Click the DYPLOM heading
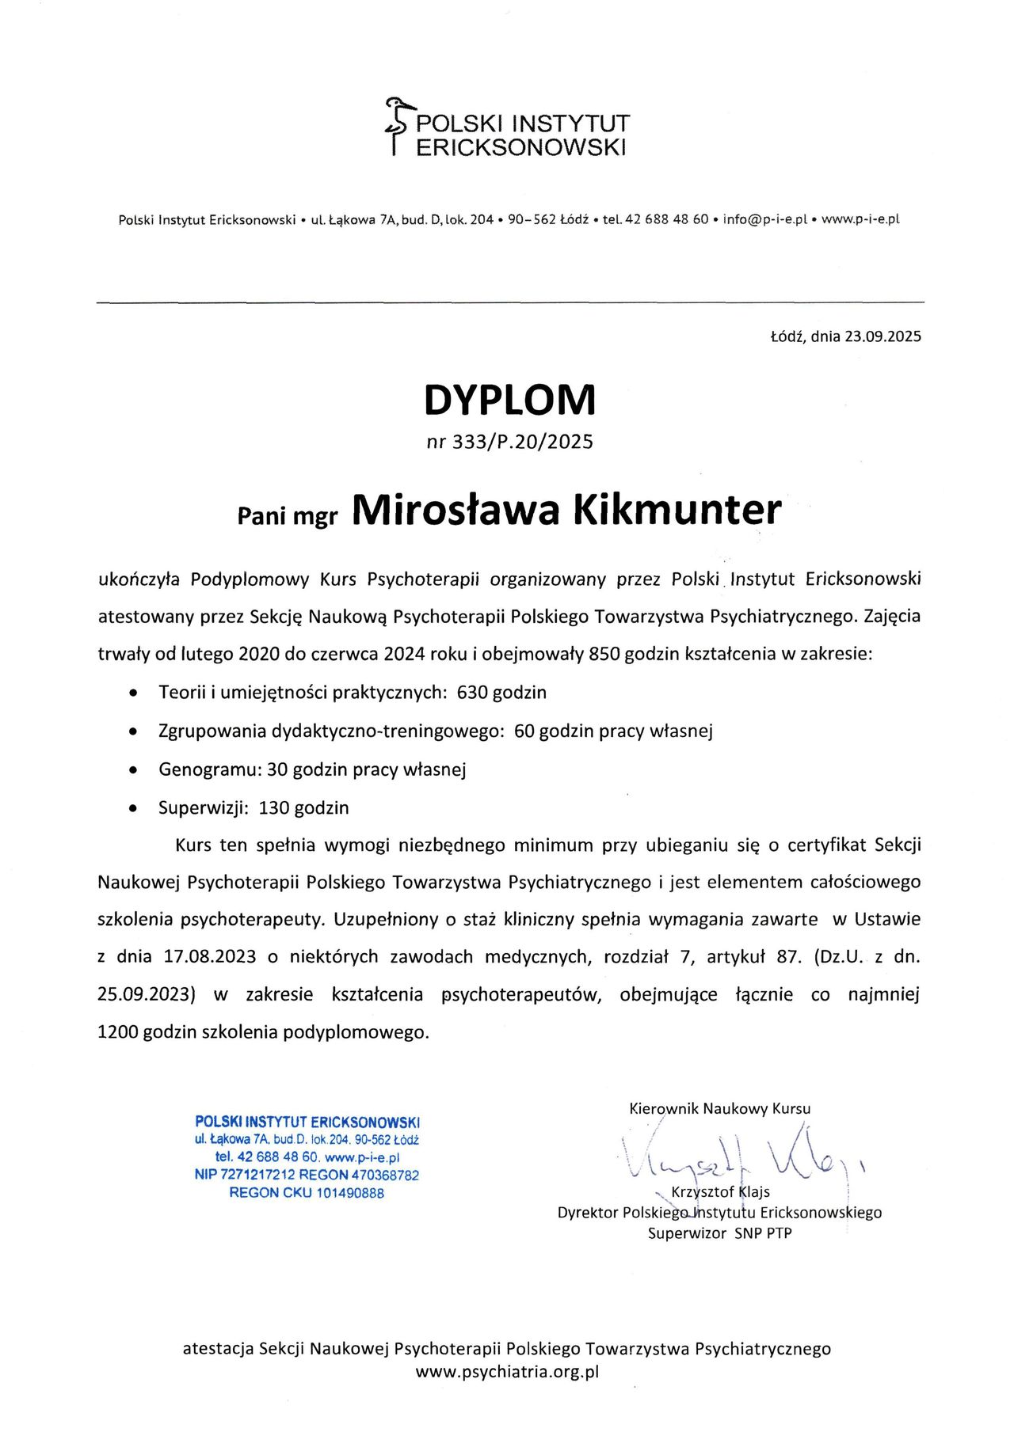click(x=509, y=400)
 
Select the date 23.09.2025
click(x=882, y=336)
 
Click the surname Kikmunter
click(x=677, y=511)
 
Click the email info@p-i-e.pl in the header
click(x=764, y=219)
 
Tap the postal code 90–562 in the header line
click(x=531, y=219)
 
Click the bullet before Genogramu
click(x=134, y=769)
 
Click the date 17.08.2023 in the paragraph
click(x=210, y=957)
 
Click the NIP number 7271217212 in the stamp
click(x=257, y=1175)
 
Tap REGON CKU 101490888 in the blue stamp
click(x=307, y=1193)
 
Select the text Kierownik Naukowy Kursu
click(x=719, y=1108)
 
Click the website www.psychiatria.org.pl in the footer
click(x=507, y=1373)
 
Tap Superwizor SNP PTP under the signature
click(x=719, y=1233)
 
